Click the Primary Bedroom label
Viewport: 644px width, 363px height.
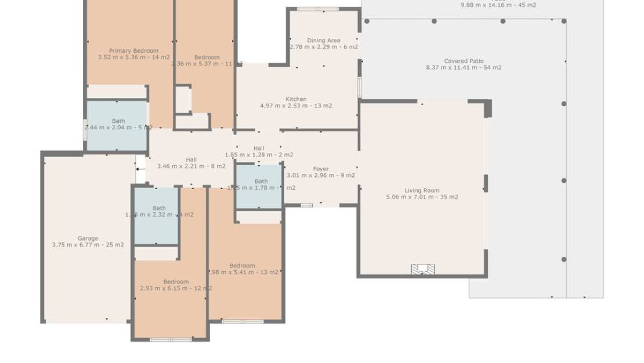133,51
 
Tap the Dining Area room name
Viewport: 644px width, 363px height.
324,41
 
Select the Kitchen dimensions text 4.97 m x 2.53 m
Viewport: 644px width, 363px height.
296,106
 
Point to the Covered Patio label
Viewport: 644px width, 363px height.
464,61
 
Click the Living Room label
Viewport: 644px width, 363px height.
422,190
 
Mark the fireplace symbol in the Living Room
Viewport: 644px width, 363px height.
423,268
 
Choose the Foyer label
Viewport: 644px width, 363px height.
321,169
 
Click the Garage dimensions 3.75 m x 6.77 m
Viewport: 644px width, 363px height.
88,245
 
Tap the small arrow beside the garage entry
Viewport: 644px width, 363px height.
139,169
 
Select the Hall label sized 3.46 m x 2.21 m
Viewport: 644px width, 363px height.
191,160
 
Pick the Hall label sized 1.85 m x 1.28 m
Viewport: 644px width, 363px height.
259,148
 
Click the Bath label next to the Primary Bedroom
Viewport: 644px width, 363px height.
118,121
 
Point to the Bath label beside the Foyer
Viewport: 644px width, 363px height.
261,181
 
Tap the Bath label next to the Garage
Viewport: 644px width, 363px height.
159,208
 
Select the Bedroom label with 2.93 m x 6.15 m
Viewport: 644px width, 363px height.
175,282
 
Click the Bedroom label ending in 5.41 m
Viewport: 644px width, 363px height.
242,266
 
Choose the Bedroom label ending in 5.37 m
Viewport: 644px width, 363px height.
207,57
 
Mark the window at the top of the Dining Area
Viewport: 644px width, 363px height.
317,9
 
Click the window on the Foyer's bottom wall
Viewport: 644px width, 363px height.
306,205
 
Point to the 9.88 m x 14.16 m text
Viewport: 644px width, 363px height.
498,5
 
